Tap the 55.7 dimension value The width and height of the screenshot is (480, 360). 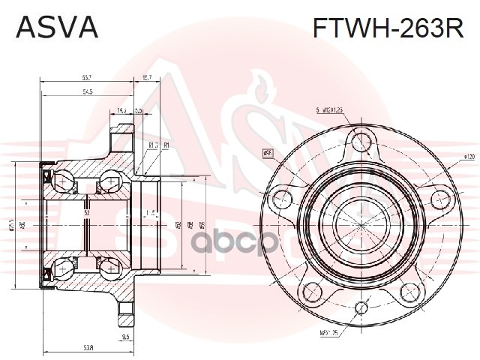[88, 78]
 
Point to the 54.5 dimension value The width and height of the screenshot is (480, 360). [88, 92]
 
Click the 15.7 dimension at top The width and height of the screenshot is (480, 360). [147, 78]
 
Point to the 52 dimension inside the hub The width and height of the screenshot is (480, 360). [87, 213]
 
